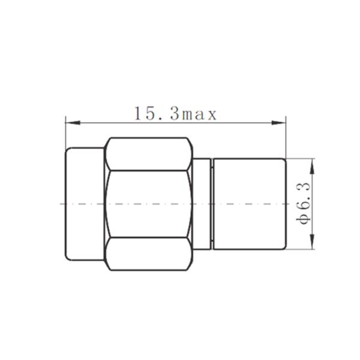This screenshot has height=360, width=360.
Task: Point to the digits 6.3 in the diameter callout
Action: point(304,195)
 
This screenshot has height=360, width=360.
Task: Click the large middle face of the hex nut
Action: point(150,204)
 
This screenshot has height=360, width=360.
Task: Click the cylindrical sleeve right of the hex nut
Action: point(249,204)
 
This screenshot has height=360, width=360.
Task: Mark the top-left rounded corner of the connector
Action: point(68,150)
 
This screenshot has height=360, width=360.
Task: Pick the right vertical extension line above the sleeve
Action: point(286,138)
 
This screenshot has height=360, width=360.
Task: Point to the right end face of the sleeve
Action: point(286,204)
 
